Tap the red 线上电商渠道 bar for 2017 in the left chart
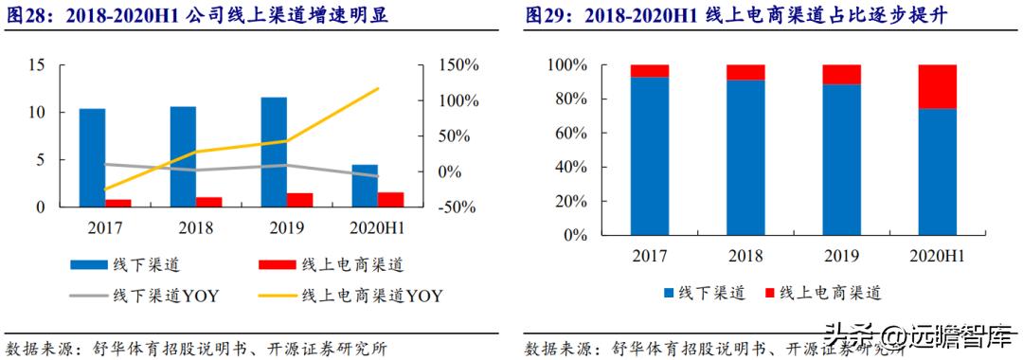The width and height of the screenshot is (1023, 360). click(118, 203)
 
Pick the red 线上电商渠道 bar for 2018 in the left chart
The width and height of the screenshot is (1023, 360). click(208, 202)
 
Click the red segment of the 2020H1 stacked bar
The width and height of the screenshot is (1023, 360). click(937, 86)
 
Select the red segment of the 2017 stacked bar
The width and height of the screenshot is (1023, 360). click(650, 70)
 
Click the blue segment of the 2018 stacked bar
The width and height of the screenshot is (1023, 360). click(745, 157)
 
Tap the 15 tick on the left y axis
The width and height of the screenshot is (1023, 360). click(37, 65)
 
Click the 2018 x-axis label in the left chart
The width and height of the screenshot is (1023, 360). click(195, 228)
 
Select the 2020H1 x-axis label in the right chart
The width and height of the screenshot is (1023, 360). click(937, 257)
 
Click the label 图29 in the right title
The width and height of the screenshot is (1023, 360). click(546, 16)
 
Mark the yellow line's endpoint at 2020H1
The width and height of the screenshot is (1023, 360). click(378, 89)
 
